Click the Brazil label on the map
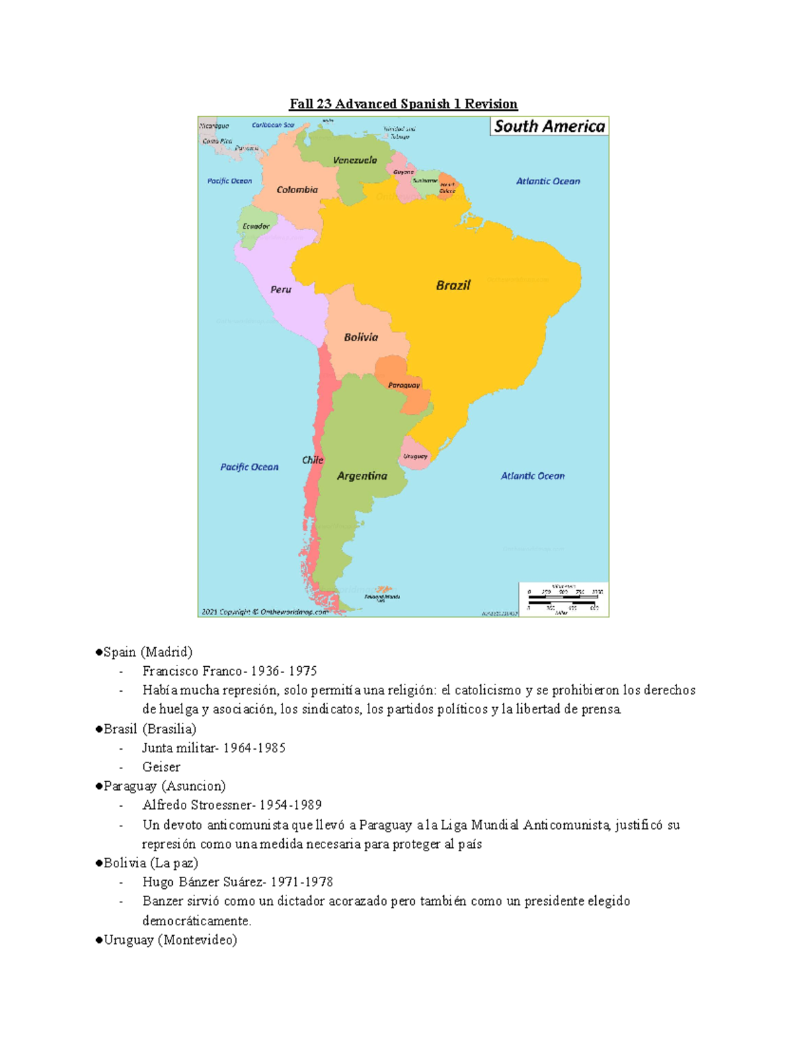coord(453,285)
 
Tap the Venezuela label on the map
coord(355,160)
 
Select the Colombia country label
coord(297,190)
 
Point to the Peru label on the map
coord(280,289)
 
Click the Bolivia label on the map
coord(361,337)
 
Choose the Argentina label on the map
coord(362,476)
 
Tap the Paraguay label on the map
coord(403,385)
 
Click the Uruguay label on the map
coord(415,456)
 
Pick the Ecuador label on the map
coord(256,226)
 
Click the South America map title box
coord(549,127)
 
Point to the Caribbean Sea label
coord(273,125)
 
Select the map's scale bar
coord(564,599)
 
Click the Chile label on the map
coord(313,460)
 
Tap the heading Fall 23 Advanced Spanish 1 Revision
coord(403,104)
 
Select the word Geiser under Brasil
coord(161,766)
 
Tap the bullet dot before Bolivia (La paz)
coord(99,863)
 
